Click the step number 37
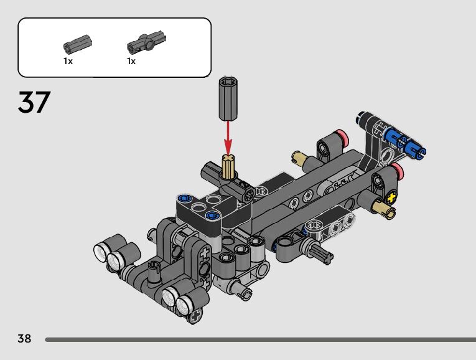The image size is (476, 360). point(34,102)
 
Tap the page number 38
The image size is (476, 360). point(24,338)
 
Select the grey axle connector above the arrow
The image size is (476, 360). point(228,99)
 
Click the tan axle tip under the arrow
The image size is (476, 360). point(228,166)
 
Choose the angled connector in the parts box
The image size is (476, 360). point(146,42)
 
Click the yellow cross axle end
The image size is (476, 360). point(391,198)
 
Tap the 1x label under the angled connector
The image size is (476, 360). point(131,62)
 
